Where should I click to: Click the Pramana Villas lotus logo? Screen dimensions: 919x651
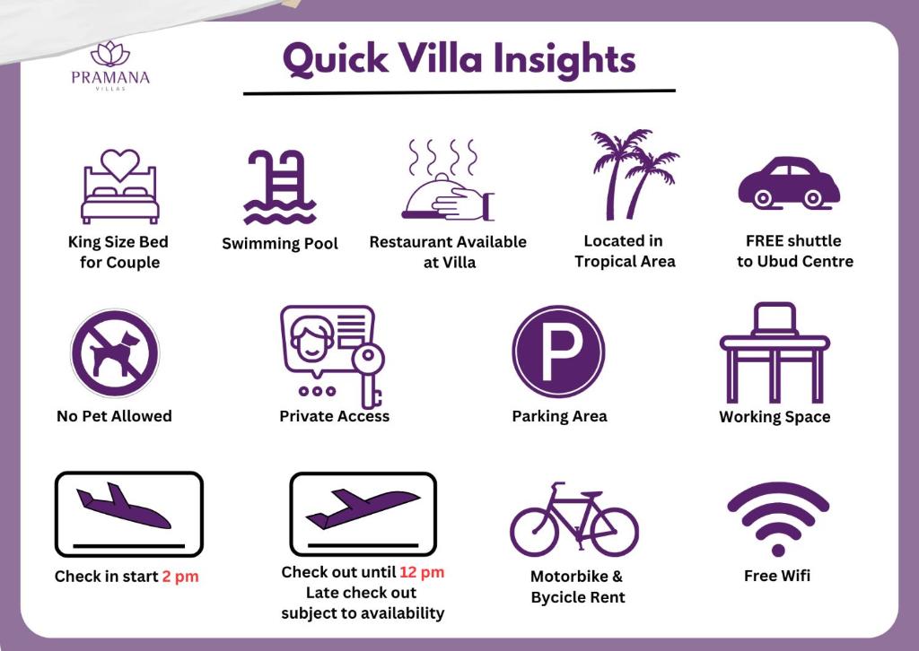click(110, 53)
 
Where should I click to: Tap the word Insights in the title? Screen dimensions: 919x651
click(565, 60)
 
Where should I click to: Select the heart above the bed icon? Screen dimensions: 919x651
click(120, 164)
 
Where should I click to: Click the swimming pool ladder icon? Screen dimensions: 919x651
click(280, 187)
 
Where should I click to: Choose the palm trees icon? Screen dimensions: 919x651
click(634, 175)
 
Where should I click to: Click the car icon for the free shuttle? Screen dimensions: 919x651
click(789, 182)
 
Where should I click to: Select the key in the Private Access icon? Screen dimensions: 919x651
click(370, 375)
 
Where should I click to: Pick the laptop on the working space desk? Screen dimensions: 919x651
click(775, 319)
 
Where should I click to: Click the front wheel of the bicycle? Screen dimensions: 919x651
click(614, 532)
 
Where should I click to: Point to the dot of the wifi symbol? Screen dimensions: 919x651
click(778, 551)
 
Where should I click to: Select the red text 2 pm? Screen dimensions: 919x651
click(180, 577)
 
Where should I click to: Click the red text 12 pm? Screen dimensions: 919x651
click(422, 572)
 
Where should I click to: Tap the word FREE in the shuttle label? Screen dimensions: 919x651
click(765, 240)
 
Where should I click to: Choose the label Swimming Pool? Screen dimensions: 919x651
click(280, 244)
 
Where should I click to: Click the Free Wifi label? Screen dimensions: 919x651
click(777, 576)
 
